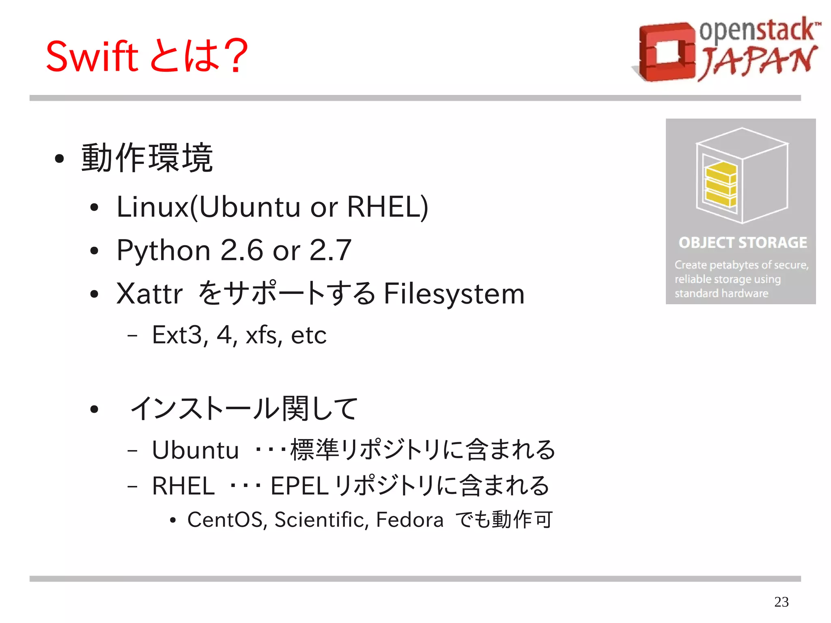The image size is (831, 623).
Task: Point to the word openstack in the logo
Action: pos(757,30)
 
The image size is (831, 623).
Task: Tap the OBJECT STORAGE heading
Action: pos(743,242)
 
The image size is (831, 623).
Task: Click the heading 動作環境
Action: pos(147,158)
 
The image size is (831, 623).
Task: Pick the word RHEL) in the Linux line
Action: pos(388,207)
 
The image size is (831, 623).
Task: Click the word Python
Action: pos(163,250)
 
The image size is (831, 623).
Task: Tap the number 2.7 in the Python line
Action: pos(330,250)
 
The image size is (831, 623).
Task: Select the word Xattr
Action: pos(149,293)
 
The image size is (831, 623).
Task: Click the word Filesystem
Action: pos(454,293)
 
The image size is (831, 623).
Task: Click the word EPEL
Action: pos(299,486)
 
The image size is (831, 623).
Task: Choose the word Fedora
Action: pos(409,520)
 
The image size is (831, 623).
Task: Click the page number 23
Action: pos(781,601)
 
